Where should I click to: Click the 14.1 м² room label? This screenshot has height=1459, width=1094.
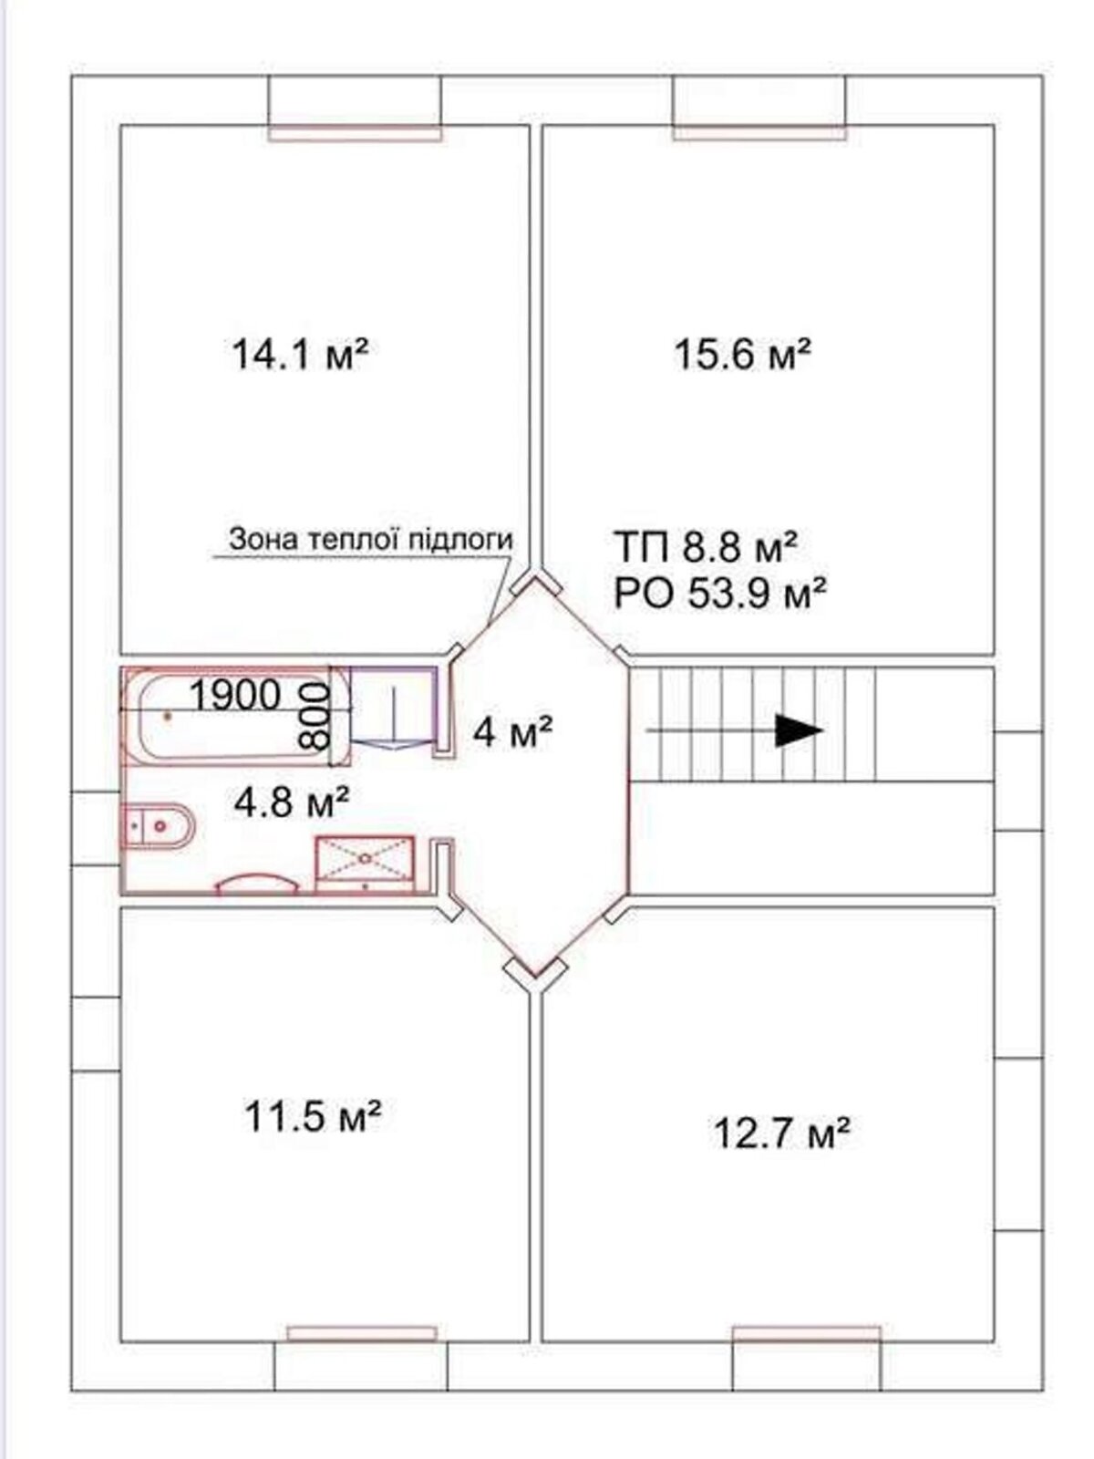(x=300, y=354)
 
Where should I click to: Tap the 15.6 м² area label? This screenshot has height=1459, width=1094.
(x=743, y=354)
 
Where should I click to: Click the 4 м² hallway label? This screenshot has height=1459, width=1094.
(x=512, y=732)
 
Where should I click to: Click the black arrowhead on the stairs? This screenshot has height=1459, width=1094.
(x=800, y=730)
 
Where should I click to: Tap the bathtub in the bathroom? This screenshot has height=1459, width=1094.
(x=236, y=716)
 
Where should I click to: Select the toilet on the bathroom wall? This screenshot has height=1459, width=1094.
(x=160, y=826)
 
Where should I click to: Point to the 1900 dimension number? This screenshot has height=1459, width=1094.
(x=235, y=695)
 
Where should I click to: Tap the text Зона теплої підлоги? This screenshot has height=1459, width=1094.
(x=371, y=539)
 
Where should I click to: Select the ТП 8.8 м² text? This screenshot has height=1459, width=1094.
(x=706, y=546)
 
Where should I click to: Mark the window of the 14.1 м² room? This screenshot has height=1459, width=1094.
(x=356, y=133)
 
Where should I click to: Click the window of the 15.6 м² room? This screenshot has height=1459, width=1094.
(x=760, y=132)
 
